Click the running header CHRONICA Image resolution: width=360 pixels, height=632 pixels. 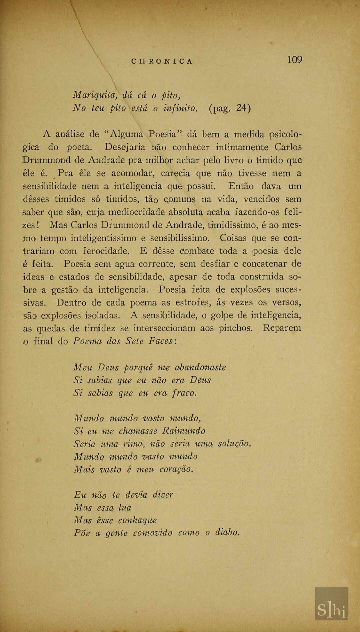coord(162,61)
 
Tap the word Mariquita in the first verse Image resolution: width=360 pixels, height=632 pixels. coord(95,96)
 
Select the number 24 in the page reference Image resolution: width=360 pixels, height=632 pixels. coord(242,108)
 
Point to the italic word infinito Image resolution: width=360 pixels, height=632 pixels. coord(180,108)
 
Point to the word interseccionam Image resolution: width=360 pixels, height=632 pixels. coord(164,329)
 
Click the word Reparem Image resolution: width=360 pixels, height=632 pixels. coord(282,329)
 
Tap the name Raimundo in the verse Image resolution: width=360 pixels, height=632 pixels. coord(184,431)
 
